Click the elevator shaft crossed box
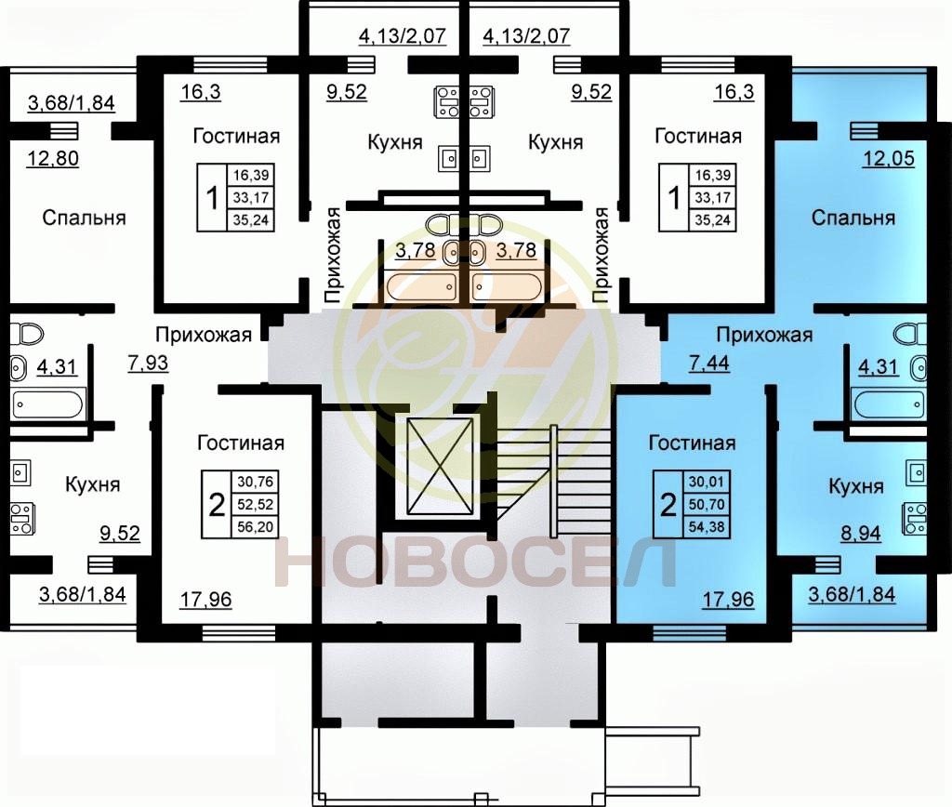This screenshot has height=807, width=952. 440,467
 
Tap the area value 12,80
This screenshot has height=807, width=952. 53,158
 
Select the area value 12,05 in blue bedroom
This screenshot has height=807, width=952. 889,158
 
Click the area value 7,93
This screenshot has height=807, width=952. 148,363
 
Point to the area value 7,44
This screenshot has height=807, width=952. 709,363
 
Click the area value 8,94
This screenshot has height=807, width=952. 861,533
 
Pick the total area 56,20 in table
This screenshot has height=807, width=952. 255,526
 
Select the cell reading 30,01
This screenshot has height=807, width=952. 707,482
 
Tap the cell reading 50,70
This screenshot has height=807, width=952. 707,504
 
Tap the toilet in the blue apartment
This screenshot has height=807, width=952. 909,334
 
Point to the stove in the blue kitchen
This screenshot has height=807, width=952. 915,519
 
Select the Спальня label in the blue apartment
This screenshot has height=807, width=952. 853,218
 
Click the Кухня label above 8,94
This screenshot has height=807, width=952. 856,486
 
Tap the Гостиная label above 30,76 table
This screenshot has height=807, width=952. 241,443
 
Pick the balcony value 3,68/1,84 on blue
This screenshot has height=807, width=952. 852,594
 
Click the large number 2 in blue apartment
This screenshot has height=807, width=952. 668,505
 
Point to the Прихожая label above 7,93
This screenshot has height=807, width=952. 204,335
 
